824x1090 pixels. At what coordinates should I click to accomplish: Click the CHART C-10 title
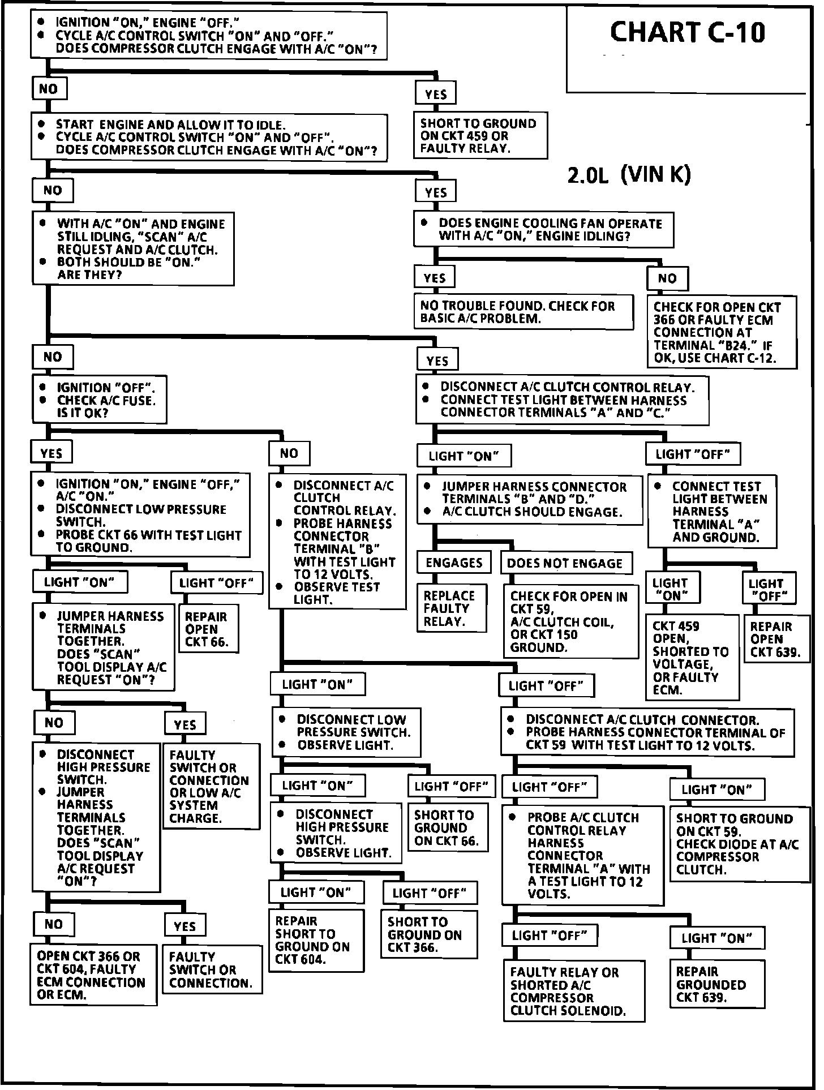coord(687,33)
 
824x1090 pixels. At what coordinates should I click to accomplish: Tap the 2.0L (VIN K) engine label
coord(628,175)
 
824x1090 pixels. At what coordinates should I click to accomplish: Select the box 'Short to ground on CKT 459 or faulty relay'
coord(480,136)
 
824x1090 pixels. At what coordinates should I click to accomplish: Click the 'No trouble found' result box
coord(523,312)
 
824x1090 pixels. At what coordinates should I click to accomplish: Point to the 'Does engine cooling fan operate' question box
coord(543,230)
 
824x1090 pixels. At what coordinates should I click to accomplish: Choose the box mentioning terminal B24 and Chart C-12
coord(722,332)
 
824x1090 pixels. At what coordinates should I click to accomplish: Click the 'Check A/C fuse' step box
coord(100,400)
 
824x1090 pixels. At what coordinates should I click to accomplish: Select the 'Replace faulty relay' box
coord(452,608)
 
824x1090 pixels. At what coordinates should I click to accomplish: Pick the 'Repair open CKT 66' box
coord(209,629)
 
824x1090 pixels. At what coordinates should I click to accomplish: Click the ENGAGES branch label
coord(454,563)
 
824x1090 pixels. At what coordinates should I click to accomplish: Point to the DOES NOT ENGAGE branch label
coord(565,563)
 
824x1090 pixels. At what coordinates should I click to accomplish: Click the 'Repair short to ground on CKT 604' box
coord(315,940)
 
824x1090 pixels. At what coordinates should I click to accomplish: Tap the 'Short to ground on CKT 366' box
coord(429,934)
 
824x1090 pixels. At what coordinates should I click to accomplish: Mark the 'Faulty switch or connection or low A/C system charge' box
coord(211,786)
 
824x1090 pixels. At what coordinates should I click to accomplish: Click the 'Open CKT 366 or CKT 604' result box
coord(93,975)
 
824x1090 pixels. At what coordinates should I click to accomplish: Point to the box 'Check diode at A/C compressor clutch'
coord(741,844)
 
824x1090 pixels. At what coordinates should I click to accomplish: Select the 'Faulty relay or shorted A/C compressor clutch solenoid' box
coord(573,991)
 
